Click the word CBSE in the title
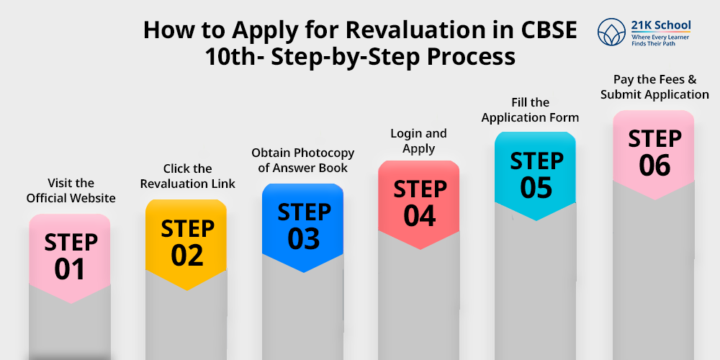click(551, 30)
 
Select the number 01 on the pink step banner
click(70, 269)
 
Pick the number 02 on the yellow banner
click(187, 255)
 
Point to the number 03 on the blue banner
click(303, 239)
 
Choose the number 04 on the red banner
click(420, 216)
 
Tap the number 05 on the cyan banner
click(536, 188)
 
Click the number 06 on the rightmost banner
click(654, 166)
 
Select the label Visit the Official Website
click(71, 191)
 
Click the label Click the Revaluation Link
click(187, 176)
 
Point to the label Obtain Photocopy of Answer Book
click(303, 161)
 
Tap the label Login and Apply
click(418, 141)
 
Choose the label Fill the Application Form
click(530, 110)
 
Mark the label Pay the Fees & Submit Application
click(654, 87)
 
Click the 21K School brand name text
click(661, 26)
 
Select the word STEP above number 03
click(303, 212)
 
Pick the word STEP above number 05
click(536, 161)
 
